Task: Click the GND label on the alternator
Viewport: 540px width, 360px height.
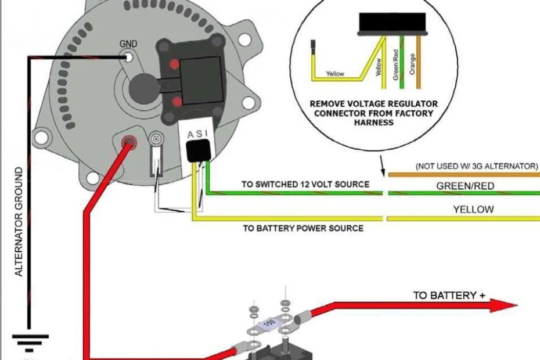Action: [x=128, y=44]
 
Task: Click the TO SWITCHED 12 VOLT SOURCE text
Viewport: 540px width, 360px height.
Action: [x=305, y=185]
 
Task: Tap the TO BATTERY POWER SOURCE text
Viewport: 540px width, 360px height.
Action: [x=303, y=228]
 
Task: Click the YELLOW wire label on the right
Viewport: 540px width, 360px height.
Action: [x=473, y=209]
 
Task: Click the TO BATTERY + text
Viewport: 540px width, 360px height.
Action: [x=449, y=296]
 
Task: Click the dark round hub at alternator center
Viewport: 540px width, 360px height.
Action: [x=142, y=87]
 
